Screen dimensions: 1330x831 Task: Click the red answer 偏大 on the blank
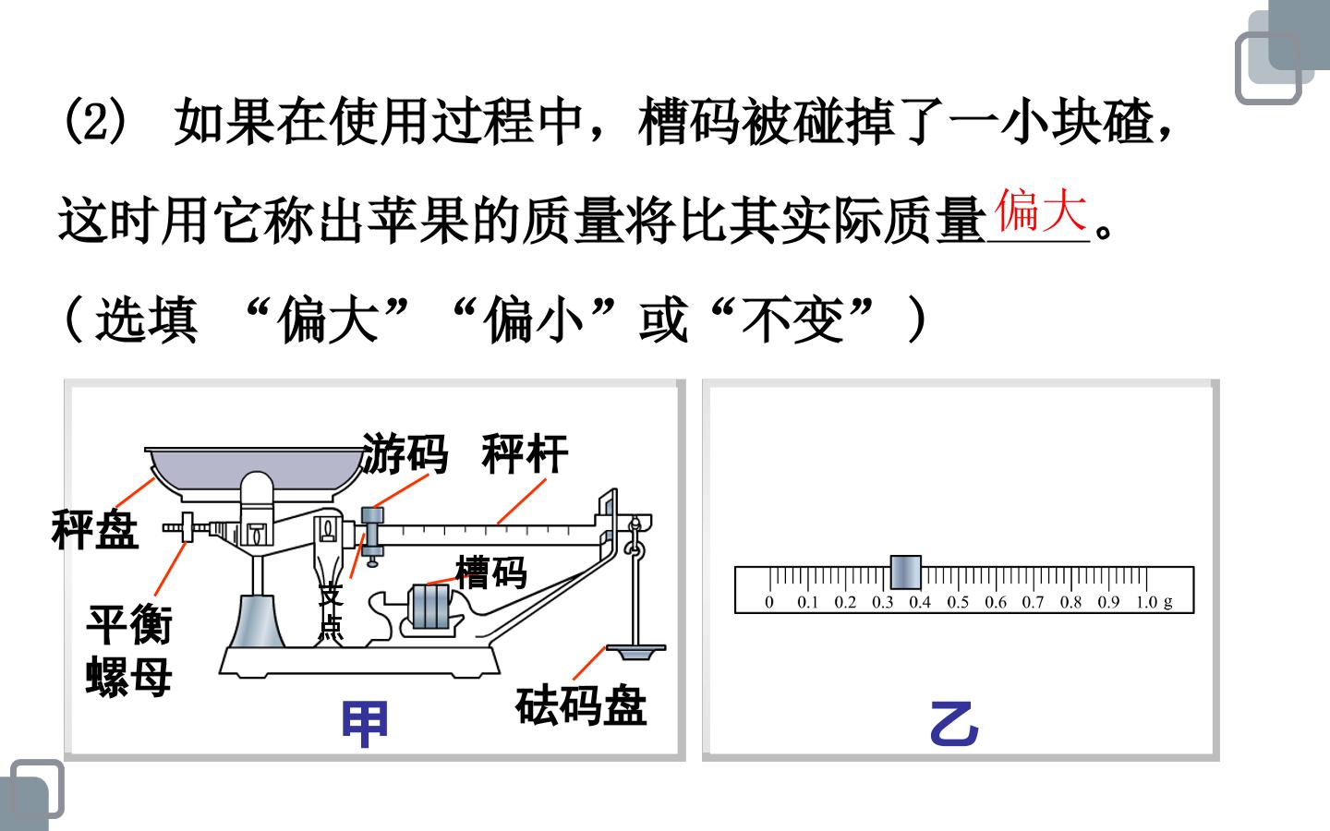1040,210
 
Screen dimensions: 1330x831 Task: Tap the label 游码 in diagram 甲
405,452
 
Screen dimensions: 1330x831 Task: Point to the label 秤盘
95,529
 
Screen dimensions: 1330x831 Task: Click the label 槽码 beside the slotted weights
491,572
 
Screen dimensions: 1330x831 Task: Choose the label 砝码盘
581,705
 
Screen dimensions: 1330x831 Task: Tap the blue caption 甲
365,724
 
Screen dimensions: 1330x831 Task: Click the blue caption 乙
954,724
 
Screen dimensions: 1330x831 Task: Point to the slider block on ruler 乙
906,572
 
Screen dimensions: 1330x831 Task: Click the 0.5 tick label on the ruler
957,602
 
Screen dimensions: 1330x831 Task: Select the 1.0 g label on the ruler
1155,602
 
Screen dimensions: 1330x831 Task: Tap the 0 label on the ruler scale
769,602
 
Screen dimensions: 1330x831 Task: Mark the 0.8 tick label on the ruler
1070,602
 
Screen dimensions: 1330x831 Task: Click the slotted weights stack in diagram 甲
430,607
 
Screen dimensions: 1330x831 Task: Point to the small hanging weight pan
635,652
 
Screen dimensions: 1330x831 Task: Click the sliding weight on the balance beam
373,534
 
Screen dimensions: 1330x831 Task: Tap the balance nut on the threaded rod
187,527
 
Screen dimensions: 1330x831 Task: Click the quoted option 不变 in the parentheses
792,320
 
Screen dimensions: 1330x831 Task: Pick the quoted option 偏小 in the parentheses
535,320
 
